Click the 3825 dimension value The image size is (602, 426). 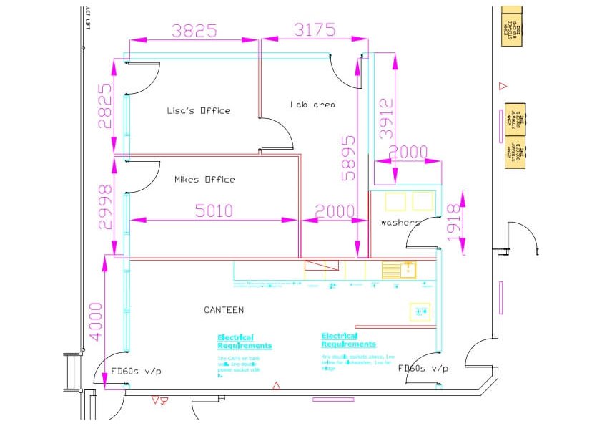pos(194,30)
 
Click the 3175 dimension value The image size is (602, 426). pos(315,30)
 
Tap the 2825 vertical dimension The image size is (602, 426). pos(105,106)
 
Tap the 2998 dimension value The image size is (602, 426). pos(105,206)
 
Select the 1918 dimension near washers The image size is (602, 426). pos(452,222)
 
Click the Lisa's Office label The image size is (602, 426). pos(198,111)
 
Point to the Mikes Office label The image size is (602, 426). pos(204,180)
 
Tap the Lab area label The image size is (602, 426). pos(312,105)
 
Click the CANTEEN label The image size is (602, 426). pos(224,310)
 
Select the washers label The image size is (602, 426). pos(400,223)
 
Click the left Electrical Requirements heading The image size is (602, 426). pos(245,342)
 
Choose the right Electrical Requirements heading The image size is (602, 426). pos(348,339)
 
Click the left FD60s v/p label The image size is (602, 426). pos(136,371)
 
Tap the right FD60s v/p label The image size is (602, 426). pos(423,369)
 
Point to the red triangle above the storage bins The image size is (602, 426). pos(503,87)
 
